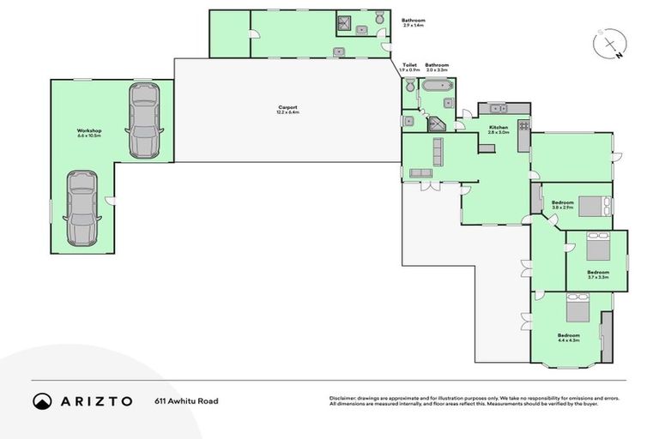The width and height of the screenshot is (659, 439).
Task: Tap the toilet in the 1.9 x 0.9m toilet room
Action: coord(409,85)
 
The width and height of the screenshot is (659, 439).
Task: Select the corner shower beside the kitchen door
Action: coord(438,123)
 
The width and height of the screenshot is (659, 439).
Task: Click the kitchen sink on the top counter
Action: coord(496,108)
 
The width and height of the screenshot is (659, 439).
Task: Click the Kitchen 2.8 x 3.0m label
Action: coord(498,129)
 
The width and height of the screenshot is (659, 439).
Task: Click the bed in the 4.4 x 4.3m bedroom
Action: coord(577,308)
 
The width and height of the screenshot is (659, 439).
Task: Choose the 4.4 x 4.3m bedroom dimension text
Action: coord(569,340)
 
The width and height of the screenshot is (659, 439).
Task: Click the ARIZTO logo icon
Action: coord(41,400)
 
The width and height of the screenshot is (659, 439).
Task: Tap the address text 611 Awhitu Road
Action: coord(182,400)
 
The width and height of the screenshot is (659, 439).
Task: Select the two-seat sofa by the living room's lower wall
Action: coord(421,173)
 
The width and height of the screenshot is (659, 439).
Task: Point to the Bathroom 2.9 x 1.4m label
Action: coord(414,22)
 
